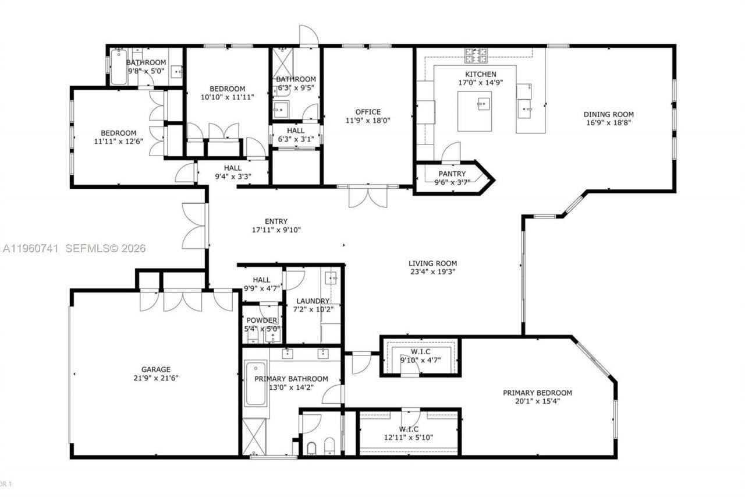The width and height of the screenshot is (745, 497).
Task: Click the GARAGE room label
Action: point(156,369)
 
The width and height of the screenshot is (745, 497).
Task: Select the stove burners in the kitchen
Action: point(476,55)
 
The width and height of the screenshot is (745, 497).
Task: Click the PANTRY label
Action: point(452,173)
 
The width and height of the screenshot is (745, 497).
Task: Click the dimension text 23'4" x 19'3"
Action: point(432,272)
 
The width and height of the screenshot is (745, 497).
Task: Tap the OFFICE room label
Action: point(368,112)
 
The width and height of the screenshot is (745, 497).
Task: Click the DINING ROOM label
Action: point(609,114)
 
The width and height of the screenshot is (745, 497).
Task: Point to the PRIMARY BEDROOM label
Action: point(537,393)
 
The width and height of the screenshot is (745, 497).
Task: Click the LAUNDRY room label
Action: point(313,301)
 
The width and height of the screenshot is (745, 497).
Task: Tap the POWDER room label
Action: point(262,320)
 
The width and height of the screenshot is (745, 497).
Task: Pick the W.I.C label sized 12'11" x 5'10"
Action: point(408,429)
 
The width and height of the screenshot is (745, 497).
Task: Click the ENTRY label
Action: point(276,221)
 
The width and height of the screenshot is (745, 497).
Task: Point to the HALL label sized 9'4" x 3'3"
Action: point(232,168)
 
